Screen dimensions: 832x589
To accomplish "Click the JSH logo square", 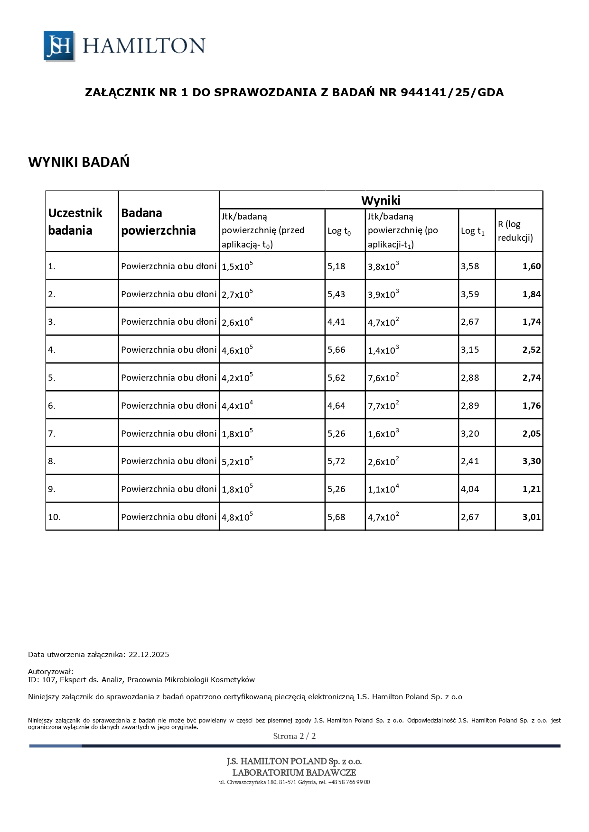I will pos(59,46).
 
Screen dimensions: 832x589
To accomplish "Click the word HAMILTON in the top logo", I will pos(144,46).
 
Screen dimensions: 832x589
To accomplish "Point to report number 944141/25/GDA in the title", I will pos(452,92).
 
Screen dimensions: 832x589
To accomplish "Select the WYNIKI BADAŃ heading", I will pos(79,162).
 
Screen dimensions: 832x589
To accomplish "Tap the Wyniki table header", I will pos(381,200).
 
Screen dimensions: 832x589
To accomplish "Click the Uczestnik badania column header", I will pos(75,221).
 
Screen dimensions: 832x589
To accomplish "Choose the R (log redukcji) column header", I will pos(515,231).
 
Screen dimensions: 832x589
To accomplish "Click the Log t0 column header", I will pos(339,231).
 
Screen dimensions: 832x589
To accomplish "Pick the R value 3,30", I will pos(531,461).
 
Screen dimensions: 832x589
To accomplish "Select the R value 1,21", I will pos(531,489).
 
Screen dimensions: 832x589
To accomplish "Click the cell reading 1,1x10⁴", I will pos(383,489).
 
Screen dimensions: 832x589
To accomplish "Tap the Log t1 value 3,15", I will pos(470,350).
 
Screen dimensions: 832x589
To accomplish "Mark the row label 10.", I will pos(54,517).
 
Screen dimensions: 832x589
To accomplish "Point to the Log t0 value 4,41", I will pos(336,321).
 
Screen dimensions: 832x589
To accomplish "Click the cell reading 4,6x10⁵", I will pos(237,350).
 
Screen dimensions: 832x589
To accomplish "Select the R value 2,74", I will pos(531,378).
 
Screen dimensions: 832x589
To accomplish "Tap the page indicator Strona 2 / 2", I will pos(294,736).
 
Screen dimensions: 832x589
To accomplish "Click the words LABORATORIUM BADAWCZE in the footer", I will pos(294,772).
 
